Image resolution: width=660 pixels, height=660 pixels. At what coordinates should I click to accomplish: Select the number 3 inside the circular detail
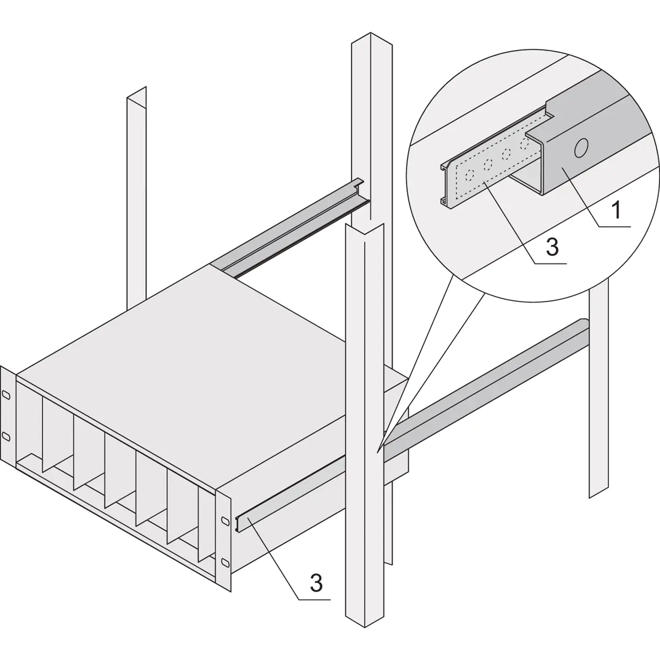click(x=552, y=247)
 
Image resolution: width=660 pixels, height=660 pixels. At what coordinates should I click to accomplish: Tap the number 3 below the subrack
click(x=316, y=582)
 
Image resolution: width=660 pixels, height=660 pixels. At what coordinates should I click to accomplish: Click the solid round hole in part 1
click(x=580, y=148)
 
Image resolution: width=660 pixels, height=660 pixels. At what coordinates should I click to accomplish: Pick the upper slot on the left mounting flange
click(x=5, y=395)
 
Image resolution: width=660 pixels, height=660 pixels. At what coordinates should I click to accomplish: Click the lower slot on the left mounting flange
click(x=5, y=436)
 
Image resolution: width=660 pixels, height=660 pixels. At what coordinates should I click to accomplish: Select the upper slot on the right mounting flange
click(x=224, y=520)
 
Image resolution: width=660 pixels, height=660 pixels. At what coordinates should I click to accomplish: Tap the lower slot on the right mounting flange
click(x=224, y=562)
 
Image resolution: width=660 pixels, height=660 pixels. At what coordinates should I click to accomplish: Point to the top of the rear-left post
click(x=137, y=94)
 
